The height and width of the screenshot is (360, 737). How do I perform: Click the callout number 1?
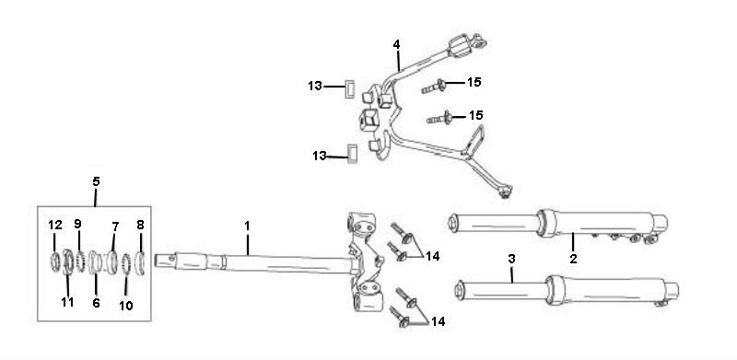pos(247,224)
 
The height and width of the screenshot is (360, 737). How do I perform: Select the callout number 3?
pos(511,260)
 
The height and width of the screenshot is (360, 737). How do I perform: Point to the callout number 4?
pos(396,43)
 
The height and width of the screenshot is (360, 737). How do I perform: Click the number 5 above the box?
pos(97,180)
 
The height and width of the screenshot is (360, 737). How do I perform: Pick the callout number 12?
pos(54,224)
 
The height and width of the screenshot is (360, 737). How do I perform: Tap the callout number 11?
pos(65,301)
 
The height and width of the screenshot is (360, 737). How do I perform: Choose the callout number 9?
pos(78,224)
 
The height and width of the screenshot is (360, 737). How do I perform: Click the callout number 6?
pos(96,301)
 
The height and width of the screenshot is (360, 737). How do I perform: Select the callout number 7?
pos(115,225)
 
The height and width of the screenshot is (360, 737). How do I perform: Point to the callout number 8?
pos(140,224)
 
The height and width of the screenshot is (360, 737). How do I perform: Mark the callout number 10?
pos(126,304)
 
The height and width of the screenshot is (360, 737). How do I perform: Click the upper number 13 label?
pos(315,87)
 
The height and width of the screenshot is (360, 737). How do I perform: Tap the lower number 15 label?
pos(475,115)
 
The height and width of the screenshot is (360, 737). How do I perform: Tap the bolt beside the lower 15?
pos(442,118)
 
